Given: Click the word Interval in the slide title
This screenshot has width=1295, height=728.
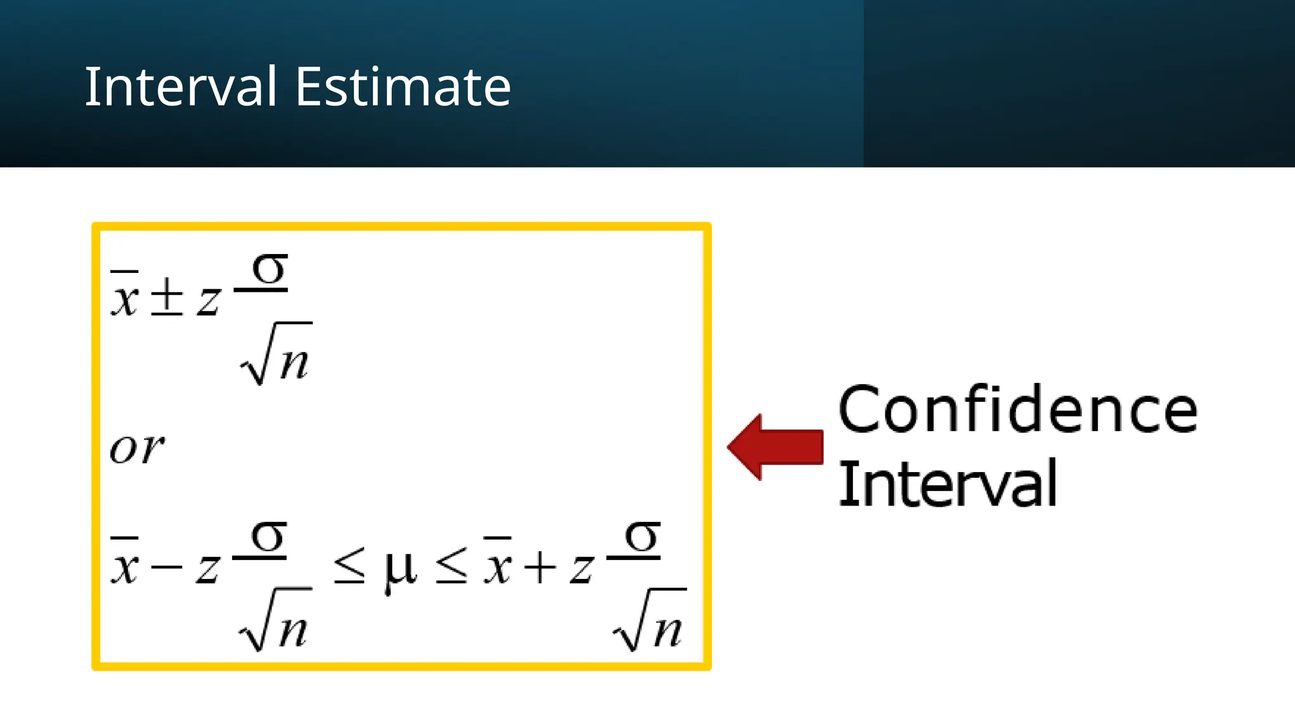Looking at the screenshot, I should [181, 87].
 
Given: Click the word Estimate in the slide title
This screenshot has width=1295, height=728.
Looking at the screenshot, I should [403, 87].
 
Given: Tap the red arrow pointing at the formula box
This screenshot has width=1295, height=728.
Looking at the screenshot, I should [776, 447].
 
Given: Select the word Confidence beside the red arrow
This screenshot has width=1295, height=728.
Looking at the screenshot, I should [1017, 410].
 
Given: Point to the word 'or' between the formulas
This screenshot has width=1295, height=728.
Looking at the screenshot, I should [137, 448].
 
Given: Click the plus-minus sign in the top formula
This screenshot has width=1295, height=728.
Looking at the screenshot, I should [167, 297].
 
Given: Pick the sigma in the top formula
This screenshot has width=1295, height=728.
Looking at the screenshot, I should [269, 269].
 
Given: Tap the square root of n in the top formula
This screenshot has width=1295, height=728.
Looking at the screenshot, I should [277, 355].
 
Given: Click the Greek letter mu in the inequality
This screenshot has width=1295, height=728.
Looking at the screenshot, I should [400, 568].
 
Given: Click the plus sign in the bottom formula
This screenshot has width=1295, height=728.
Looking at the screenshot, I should [540, 566].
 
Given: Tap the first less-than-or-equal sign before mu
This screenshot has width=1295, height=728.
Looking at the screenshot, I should [349, 566].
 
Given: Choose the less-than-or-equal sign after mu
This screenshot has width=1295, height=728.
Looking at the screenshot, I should [451, 566].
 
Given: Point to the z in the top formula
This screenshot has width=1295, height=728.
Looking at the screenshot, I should [208, 300].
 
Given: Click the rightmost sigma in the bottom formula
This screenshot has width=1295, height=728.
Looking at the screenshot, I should [642, 537].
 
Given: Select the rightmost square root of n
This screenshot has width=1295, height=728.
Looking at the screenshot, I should [650, 621].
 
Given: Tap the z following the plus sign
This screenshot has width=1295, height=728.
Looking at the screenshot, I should [582, 567].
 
